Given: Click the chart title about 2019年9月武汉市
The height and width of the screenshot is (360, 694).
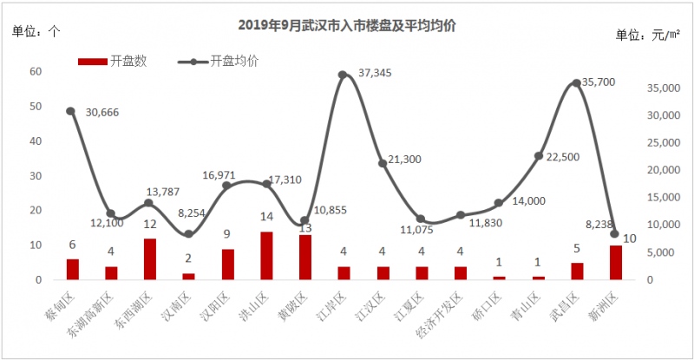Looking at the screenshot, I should [x=347, y=26].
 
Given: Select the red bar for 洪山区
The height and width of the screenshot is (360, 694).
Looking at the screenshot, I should [x=267, y=256].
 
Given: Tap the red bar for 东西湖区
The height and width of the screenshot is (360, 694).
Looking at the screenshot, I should [x=150, y=259].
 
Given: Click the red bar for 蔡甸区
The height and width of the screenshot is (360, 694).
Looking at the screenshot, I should [x=72, y=270].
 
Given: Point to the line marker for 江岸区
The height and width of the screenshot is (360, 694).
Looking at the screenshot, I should [x=343, y=75].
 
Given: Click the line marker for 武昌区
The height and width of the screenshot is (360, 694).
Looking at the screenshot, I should [x=577, y=83].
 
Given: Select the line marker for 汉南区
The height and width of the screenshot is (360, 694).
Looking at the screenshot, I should [x=189, y=234].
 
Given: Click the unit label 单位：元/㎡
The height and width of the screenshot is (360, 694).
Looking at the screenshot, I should [x=647, y=35].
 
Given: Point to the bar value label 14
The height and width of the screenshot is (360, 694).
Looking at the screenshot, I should [x=267, y=219].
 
